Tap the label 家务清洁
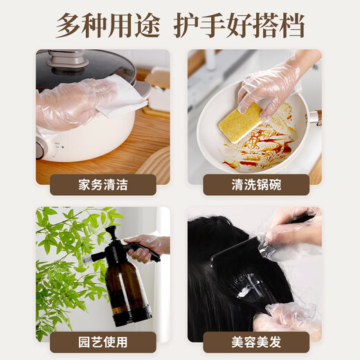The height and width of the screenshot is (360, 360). click(x=102, y=185)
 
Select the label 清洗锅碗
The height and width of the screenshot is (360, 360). click(x=256, y=185)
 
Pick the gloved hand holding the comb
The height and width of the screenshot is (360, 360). click(x=291, y=232)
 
